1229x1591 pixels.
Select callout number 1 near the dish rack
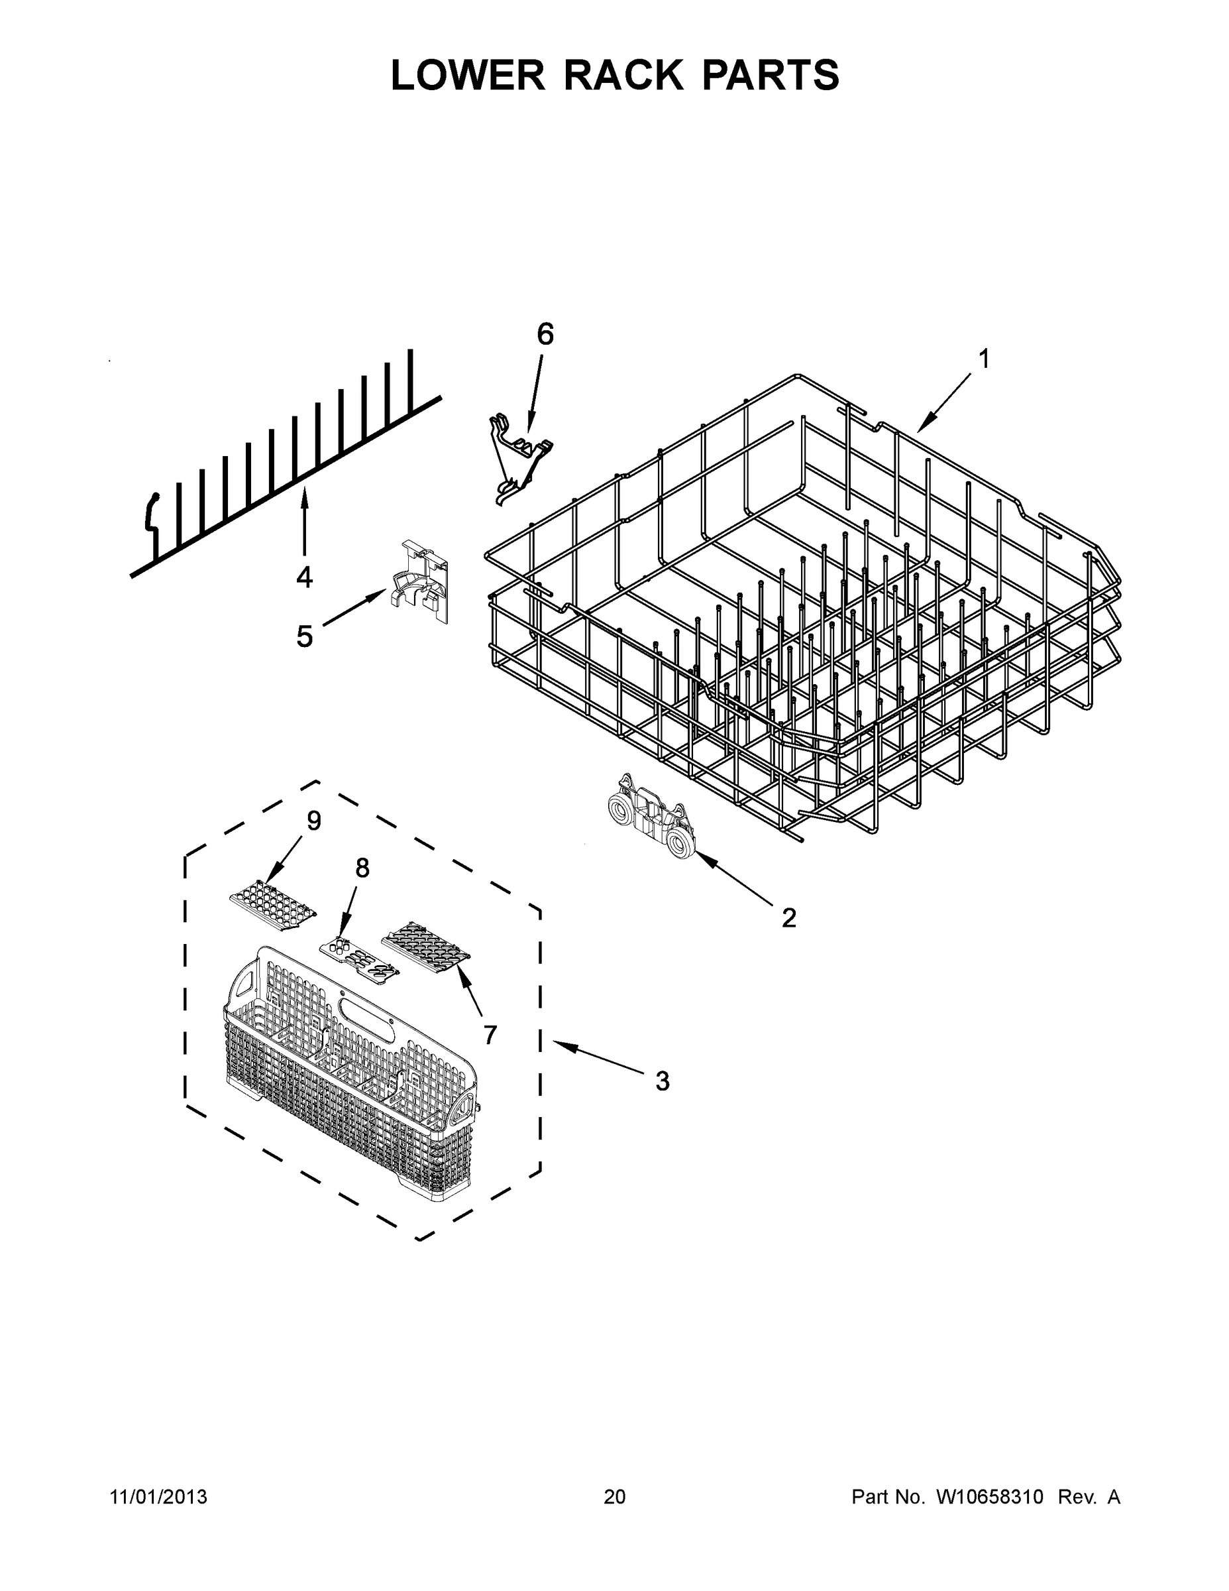[984, 359]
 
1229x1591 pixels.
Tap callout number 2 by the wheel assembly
[788, 918]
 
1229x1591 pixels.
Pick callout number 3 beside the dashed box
[662, 1081]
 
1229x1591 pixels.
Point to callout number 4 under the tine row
[304, 577]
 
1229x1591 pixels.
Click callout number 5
[304, 636]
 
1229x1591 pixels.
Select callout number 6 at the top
[545, 334]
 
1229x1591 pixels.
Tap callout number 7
[490, 1034]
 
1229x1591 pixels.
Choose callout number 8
[362, 868]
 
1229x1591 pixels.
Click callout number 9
[313, 821]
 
